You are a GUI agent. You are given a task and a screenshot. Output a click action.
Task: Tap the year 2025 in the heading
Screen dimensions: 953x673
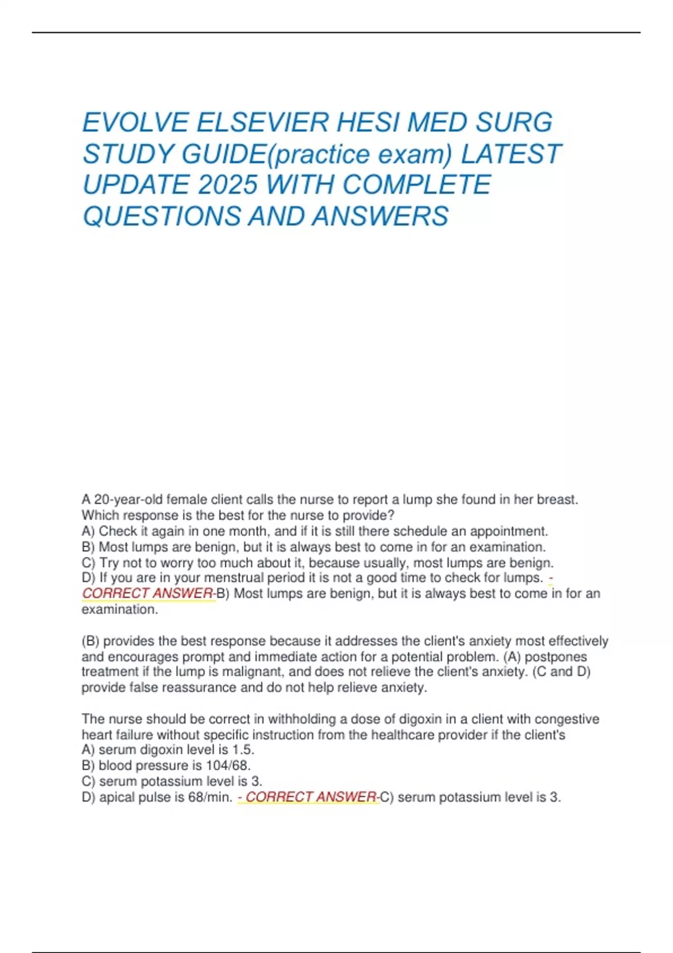(227, 186)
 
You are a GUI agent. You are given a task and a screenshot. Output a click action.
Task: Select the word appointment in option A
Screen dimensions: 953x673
(508, 531)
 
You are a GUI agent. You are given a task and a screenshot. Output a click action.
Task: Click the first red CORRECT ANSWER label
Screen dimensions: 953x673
(147, 594)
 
